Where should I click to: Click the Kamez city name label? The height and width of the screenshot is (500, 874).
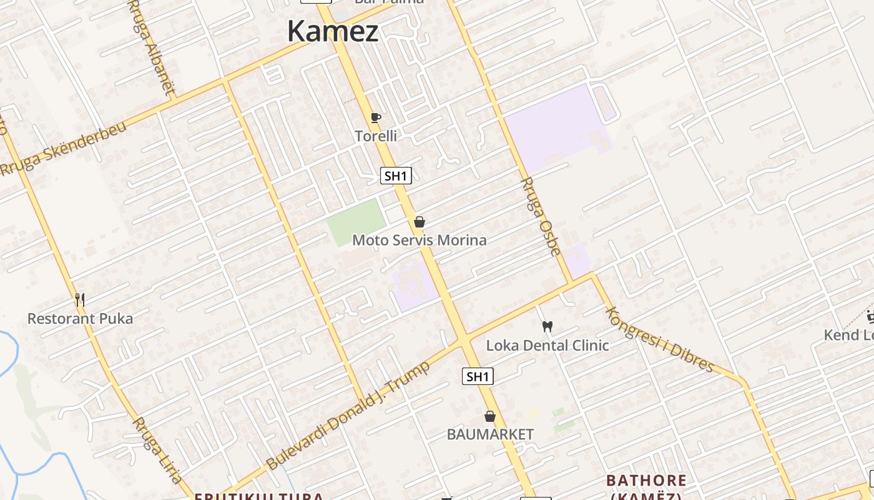point(333,31)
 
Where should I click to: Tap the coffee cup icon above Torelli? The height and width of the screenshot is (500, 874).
point(375,117)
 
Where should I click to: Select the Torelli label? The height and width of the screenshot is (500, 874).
point(375,136)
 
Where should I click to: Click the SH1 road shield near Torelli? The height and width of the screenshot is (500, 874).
point(396,176)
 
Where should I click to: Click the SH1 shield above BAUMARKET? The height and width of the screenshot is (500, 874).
point(478,376)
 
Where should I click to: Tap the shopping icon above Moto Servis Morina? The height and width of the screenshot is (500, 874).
point(420,222)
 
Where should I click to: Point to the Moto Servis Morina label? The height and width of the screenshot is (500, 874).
point(420,240)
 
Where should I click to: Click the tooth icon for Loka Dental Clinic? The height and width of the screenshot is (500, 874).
point(547,326)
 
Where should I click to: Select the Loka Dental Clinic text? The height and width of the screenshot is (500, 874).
point(547,345)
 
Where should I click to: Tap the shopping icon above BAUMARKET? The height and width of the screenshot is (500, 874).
point(490,416)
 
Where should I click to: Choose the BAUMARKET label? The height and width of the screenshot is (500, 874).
point(490,434)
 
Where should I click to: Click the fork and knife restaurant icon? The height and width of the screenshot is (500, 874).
point(80,300)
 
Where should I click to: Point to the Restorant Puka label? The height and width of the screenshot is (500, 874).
point(80,319)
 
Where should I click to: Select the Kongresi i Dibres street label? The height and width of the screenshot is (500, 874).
point(659,339)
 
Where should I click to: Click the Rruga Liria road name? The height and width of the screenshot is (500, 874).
point(157,449)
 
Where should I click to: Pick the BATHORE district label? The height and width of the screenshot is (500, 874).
point(646,481)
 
